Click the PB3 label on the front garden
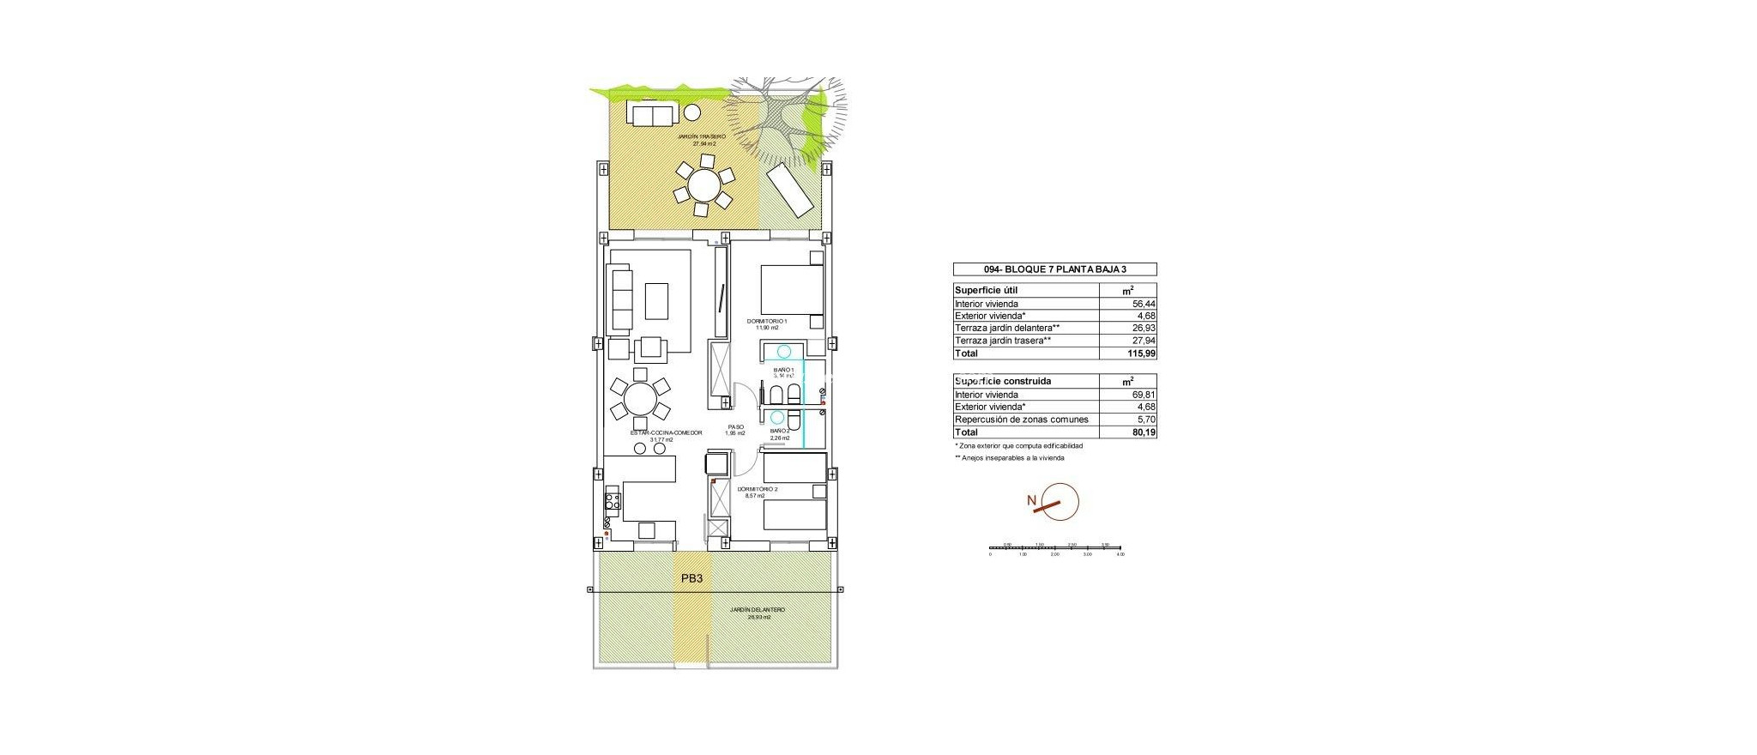tap(691, 579)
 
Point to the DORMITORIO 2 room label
tap(758, 492)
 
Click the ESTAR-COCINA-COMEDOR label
tap(667, 435)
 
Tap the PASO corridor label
tap(735, 429)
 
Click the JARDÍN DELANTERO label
tap(758, 613)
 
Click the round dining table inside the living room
tap(639, 399)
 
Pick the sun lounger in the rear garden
tap(789, 193)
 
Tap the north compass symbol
tap(1059, 503)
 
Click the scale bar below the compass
tap(1055, 547)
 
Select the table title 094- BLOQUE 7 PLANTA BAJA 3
tap(1055, 269)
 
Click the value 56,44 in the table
tap(1144, 304)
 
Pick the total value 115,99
tap(1142, 353)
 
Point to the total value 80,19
tap(1144, 432)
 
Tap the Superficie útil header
tap(986, 291)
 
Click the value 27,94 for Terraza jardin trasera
tap(1144, 341)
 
